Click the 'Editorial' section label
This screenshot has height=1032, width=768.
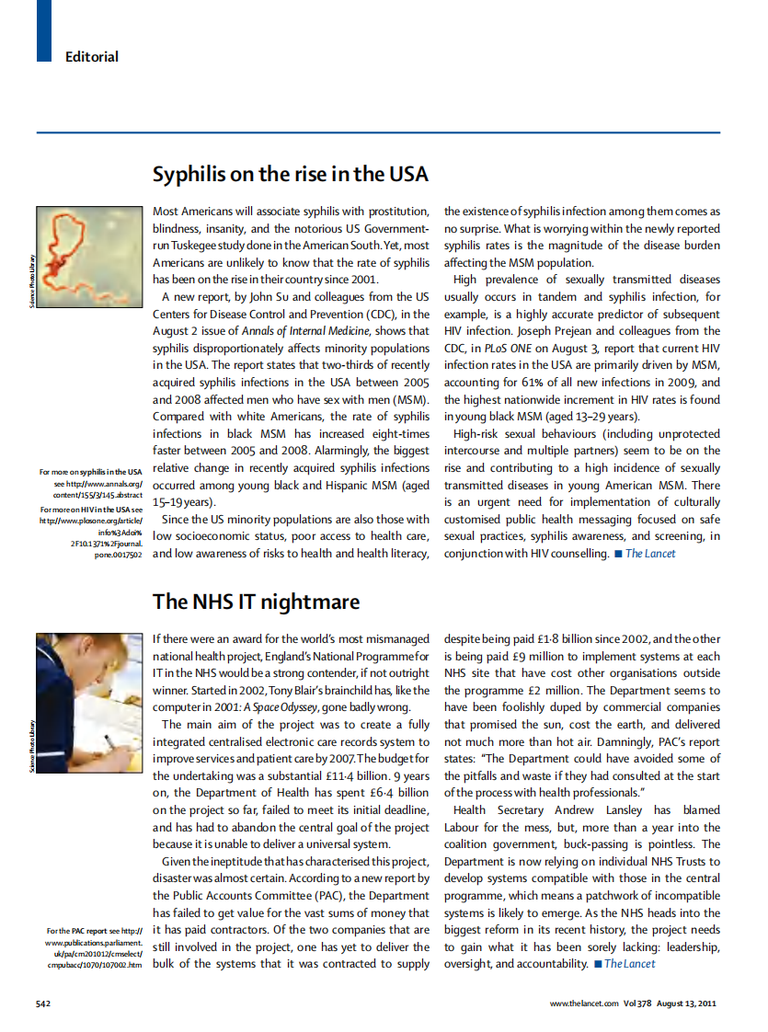(x=92, y=57)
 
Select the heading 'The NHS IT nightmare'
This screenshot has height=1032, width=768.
(x=256, y=602)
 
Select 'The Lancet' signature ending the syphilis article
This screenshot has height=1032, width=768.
(x=650, y=553)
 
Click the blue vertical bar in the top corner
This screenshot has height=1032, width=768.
(x=43, y=30)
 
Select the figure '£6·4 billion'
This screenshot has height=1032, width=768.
(x=395, y=792)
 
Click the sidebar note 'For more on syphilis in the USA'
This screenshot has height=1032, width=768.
(x=91, y=472)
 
